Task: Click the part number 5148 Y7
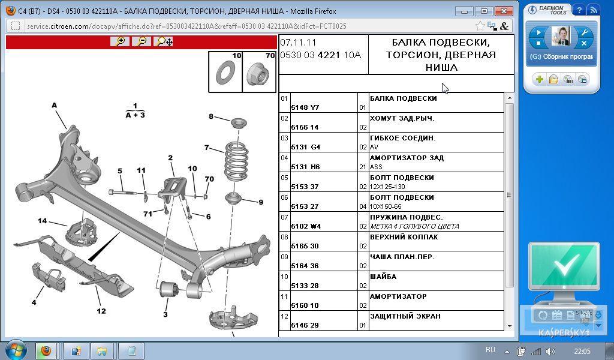pos(305,107)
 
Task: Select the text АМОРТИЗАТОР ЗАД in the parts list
pos(407,158)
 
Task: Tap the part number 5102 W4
pos(306,226)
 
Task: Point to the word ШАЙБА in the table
pos(383,277)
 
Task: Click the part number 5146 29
pos(305,325)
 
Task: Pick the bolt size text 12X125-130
pos(388,187)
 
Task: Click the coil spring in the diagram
pos(236,161)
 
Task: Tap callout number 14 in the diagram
pos(42,221)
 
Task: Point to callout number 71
pos(148,214)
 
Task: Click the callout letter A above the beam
pos(55,105)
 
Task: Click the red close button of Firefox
pos(504,11)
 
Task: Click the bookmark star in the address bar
pos(480,26)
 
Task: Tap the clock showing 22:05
pos(582,351)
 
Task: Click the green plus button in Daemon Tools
pos(540,80)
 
